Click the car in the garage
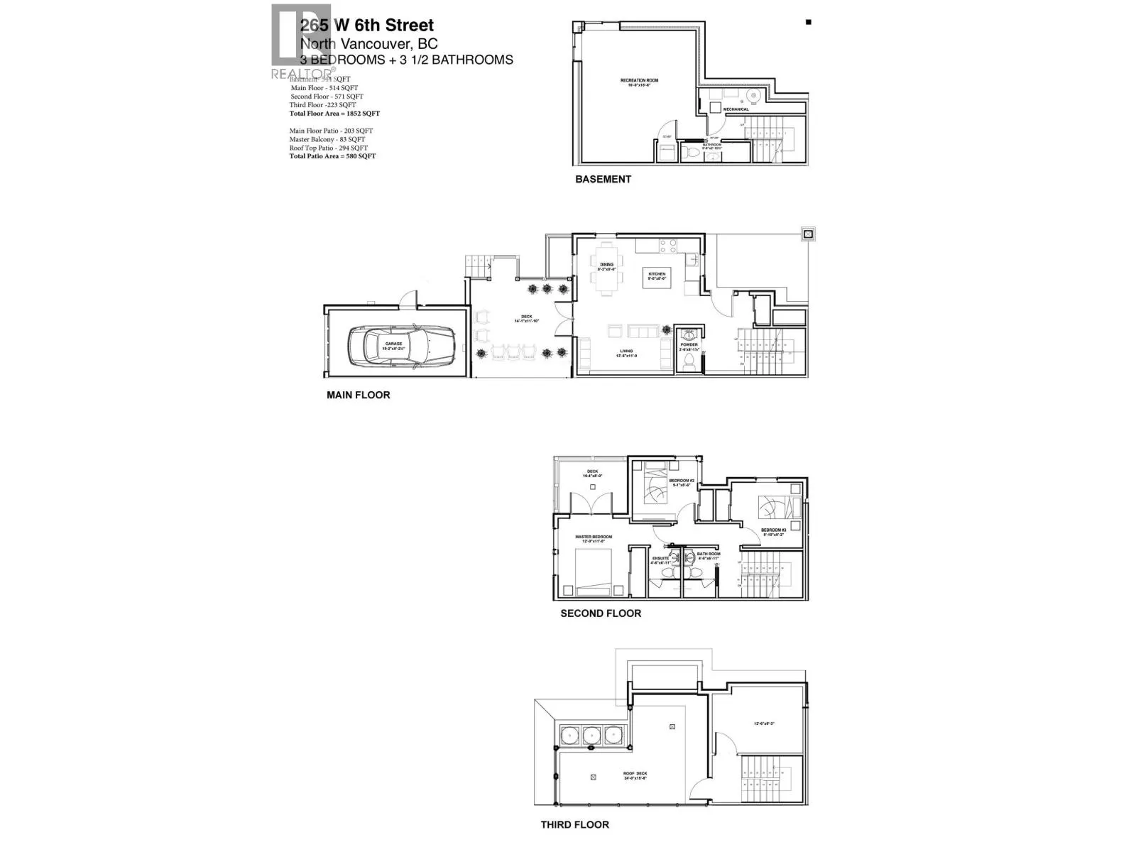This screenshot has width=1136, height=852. (x=400, y=344)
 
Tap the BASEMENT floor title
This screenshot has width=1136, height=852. (x=603, y=180)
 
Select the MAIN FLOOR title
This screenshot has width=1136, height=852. (x=358, y=395)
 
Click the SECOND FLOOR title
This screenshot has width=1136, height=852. (x=601, y=613)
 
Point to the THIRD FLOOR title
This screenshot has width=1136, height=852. (x=574, y=824)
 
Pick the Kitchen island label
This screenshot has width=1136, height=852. (x=656, y=275)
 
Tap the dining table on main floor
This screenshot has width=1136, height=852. (x=606, y=270)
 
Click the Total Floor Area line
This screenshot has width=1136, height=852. (x=334, y=114)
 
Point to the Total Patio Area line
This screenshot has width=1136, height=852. (x=332, y=156)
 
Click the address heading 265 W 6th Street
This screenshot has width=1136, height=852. (x=366, y=26)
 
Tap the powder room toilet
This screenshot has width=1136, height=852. (x=688, y=361)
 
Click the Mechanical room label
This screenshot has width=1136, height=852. (x=736, y=109)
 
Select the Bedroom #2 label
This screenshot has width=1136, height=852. (x=682, y=482)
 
